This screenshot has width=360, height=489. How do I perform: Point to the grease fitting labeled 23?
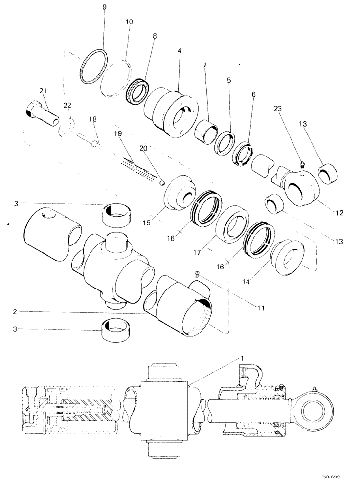coord(303,167)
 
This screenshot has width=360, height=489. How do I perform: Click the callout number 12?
coord(340,213)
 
